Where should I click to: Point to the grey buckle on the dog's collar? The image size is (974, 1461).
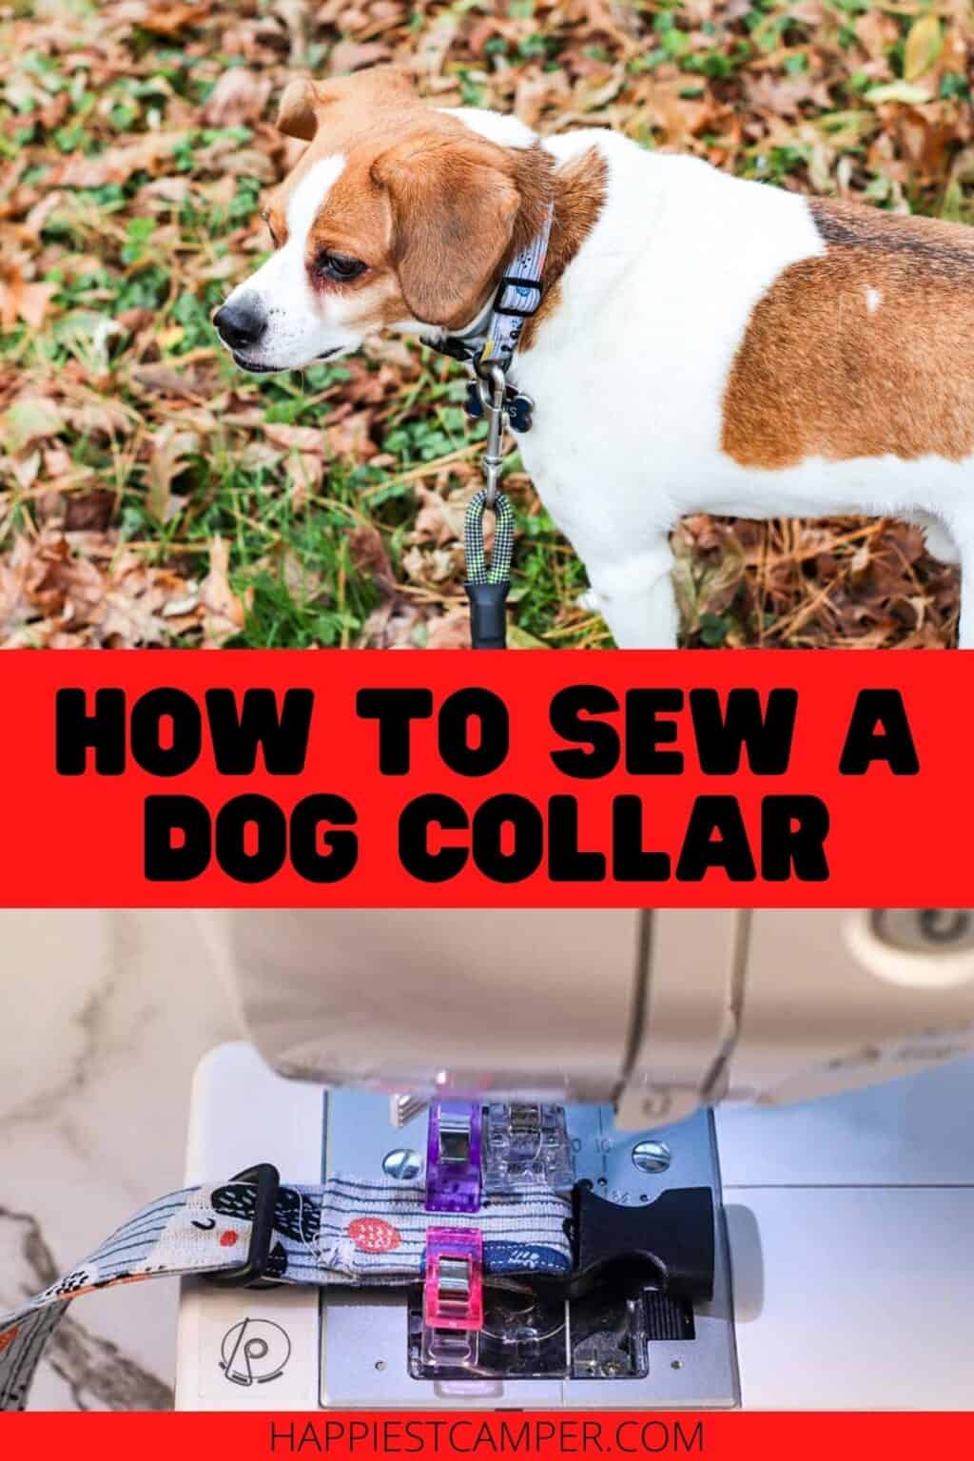pyautogui.click(x=521, y=281)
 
